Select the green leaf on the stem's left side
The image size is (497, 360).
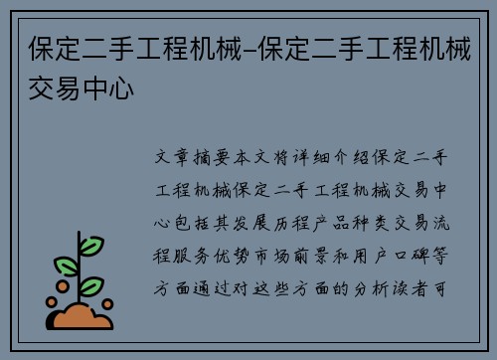pos(66,267)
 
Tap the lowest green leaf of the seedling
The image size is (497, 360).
pos(92,286)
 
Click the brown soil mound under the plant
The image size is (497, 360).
pos(83,317)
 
